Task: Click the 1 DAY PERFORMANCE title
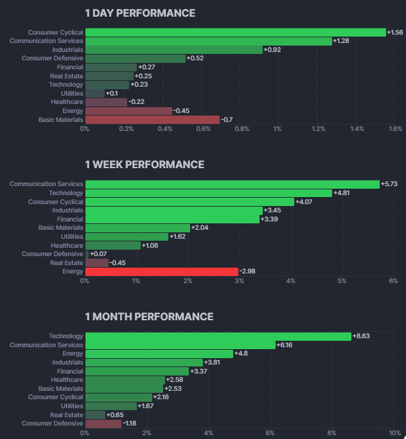click(140, 13)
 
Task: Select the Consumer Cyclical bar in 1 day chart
click(235, 32)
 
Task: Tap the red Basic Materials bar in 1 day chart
click(152, 119)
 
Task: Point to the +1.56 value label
click(395, 32)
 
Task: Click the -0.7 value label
click(226, 119)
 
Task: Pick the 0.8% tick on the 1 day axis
click(242, 129)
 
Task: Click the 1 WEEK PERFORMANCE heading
click(145, 164)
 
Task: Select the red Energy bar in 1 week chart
click(161, 271)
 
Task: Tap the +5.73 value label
click(389, 184)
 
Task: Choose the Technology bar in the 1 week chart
click(209, 193)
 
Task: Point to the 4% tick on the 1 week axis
click(290, 280)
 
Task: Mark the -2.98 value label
click(249, 271)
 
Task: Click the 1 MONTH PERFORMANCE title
click(149, 316)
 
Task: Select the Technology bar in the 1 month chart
click(218, 336)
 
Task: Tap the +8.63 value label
click(362, 336)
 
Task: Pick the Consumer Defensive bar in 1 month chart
click(103, 424)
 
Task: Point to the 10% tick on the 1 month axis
click(393, 433)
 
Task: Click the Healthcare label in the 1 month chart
click(67, 380)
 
